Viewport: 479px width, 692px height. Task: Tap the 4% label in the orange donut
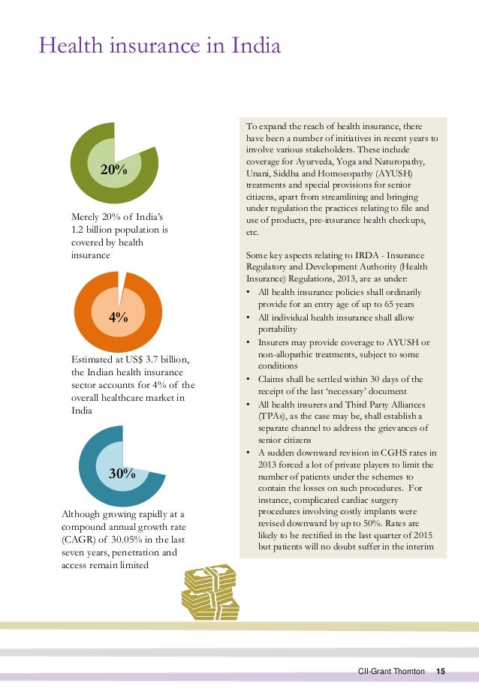tap(118, 317)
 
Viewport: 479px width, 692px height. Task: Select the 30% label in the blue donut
tap(122, 474)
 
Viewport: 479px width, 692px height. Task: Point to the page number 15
tap(441, 670)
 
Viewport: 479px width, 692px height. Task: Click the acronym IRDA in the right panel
tap(379, 255)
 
